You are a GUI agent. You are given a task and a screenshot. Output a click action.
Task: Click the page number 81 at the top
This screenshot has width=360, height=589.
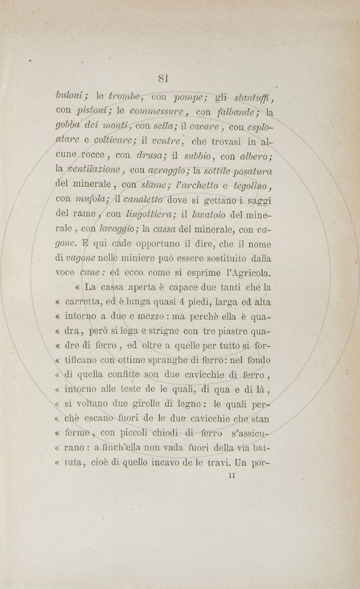164,78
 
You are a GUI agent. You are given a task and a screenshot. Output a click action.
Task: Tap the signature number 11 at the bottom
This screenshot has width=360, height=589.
232,476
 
